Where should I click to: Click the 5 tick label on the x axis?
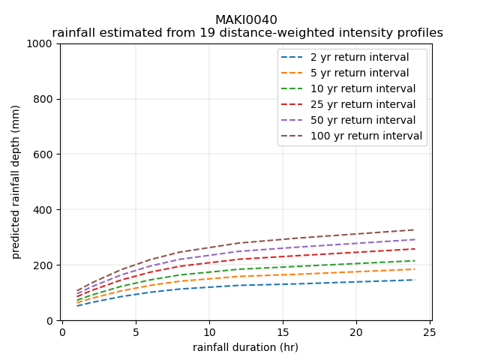pyautogui.click(x=136, y=332)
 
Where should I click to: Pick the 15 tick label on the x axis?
pyautogui.click(x=282, y=332)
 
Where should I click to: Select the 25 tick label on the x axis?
pyautogui.click(x=429, y=332)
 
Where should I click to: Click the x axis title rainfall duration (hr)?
pyautogui.click(x=245, y=347)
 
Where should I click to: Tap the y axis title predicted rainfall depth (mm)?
pyautogui.click(x=16, y=182)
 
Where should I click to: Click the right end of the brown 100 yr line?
pyautogui.click(x=414, y=229)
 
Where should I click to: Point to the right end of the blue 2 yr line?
pyautogui.click(x=414, y=280)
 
